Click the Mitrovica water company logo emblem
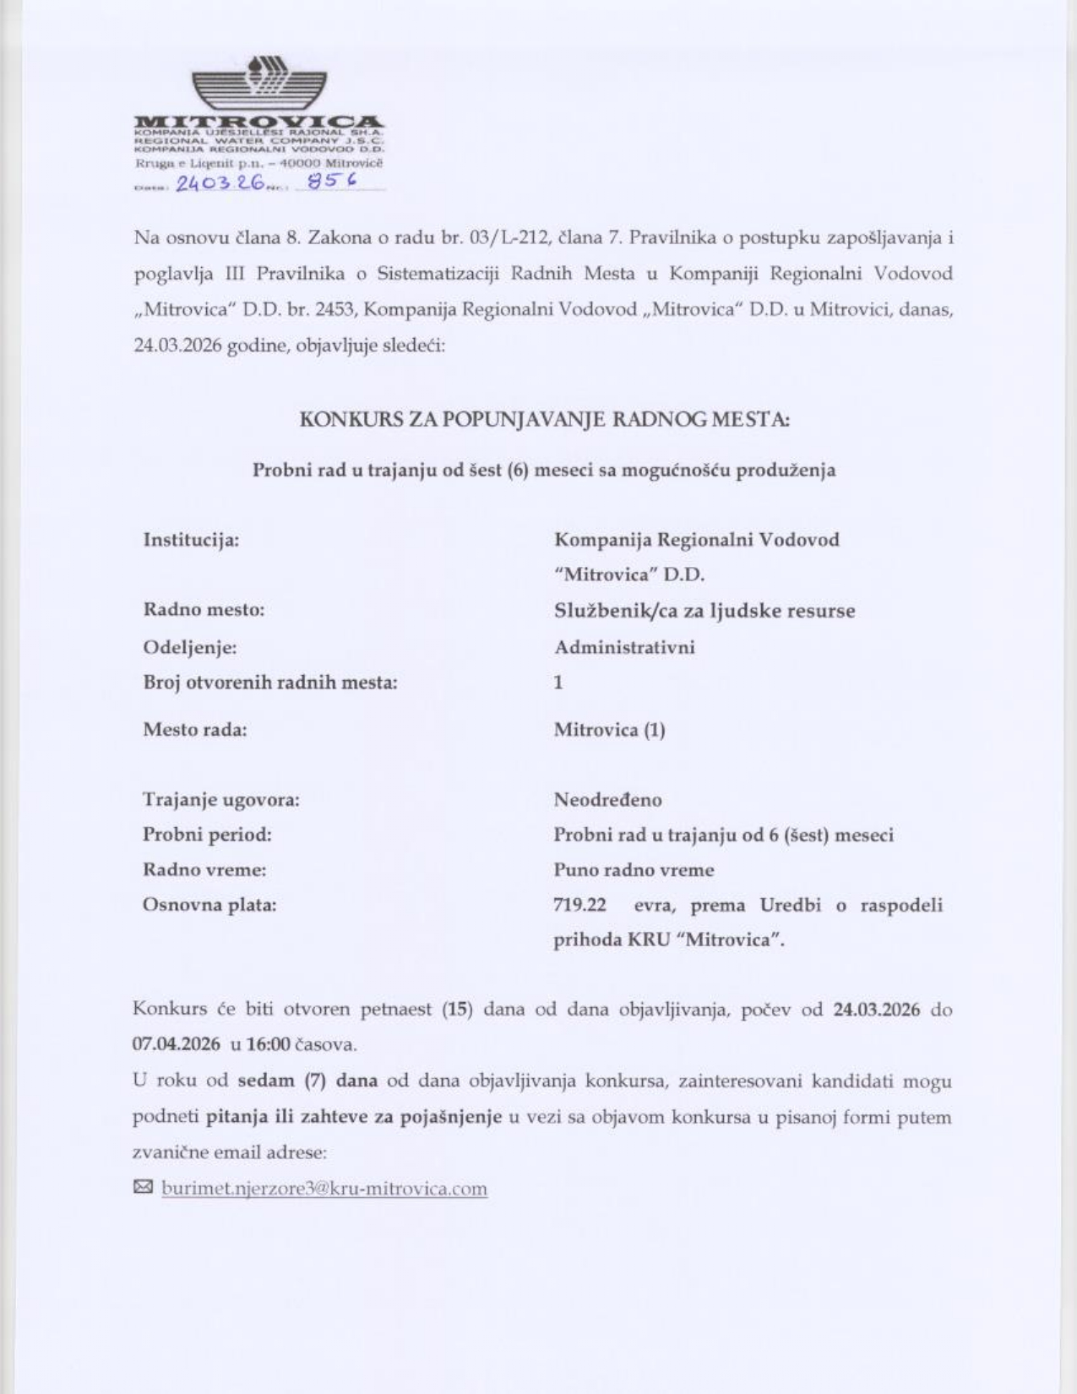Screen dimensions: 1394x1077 pyautogui.click(x=258, y=84)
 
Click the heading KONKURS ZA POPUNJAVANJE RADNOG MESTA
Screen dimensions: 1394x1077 pyautogui.click(x=545, y=419)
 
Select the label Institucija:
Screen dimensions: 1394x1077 pyautogui.click(x=191, y=540)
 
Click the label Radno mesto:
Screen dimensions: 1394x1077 pyautogui.click(x=204, y=610)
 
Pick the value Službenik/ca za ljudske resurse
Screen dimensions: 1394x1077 pyautogui.click(x=704, y=611)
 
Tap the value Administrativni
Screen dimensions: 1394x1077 pyautogui.click(x=624, y=647)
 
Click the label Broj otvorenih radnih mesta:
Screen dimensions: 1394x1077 pyautogui.click(x=270, y=683)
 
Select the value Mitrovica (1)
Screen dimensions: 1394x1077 pyautogui.click(x=609, y=730)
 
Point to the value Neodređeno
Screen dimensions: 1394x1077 pyautogui.click(x=607, y=800)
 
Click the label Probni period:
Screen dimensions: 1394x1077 pyautogui.click(x=207, y=836)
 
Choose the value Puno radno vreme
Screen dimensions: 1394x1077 pyautogui.click(x=634, y=870)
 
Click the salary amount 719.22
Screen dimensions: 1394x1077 pyautogui.click(x=579, y=906)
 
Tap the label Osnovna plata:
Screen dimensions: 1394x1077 pyautogui.click(x=209, y=906)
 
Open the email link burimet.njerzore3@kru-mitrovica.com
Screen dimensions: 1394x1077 pyautogui.click(x=324, y=1190)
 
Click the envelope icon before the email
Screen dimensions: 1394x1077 pyautogui.click(x=143, y=1188)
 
